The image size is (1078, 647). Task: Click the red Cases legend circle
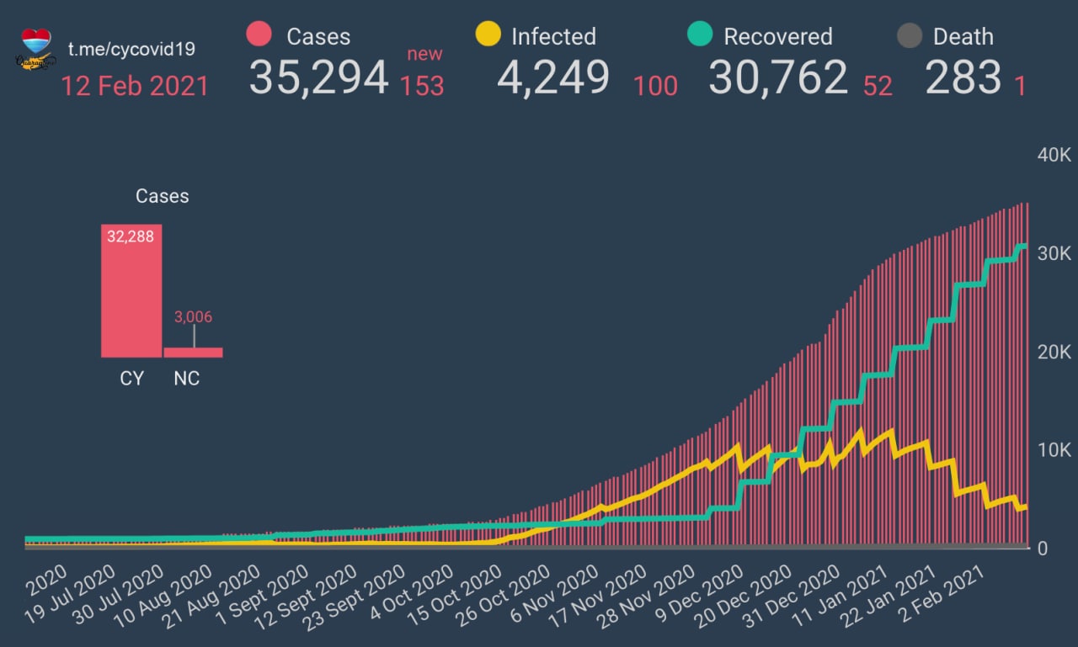tap(259, 35)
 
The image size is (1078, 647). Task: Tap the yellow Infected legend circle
tap(488, 35)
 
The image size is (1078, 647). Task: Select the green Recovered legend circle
tap(700, 35)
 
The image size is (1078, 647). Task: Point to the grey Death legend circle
tap(909, 36)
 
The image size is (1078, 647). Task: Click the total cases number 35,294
tap(318, 78)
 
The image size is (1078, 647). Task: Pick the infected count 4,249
tap(553, 78)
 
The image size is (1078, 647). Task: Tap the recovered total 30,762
tap(777, 78)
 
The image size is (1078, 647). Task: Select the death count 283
tap(963, 78)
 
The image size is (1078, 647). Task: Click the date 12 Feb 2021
tap(135, 86)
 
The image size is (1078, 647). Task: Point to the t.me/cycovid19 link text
tap(131, 49)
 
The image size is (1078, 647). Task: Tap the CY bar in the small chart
tap(131, 291)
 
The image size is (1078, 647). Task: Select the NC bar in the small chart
tap(193, 353)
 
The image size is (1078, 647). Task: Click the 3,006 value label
tap(193, 317)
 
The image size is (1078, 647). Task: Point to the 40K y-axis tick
tap(1053, 156)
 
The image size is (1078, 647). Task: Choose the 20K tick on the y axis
tap(1053, 352)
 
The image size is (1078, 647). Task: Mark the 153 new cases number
tap(421, 86)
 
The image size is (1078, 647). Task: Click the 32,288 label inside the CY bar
tap(131, 236)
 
